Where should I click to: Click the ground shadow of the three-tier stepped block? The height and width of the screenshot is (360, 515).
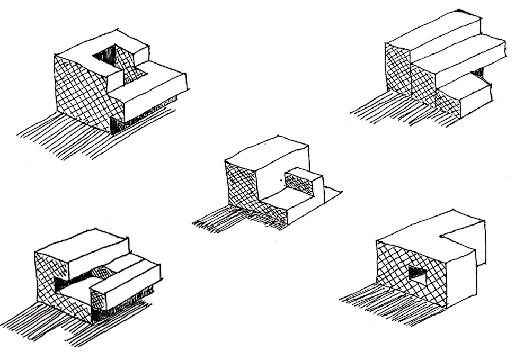click(392, 111)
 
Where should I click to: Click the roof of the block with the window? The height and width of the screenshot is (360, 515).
click(424, 233)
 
